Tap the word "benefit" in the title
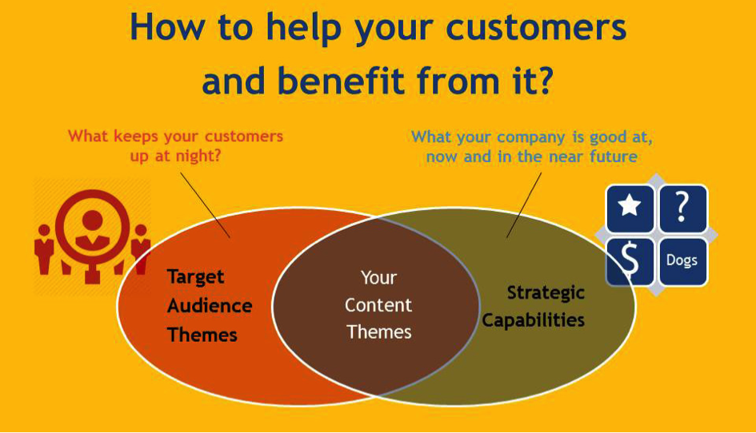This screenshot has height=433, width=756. click(x=340, y=81)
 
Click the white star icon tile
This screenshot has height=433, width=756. click(x=630, y=209)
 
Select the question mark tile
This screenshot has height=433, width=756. click(x=682, y=209)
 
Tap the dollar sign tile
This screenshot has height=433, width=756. click(x=630, y=261)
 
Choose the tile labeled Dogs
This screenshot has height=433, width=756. click(x=682, y=261)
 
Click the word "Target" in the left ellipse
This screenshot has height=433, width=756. click(x=195, y=277)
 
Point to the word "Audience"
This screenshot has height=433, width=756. click(x=210, y=306)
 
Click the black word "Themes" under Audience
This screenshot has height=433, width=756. click(x=202, y=335)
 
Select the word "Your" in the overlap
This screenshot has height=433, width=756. click(x=378, y=278)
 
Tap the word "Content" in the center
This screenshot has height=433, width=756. click(x=378, y=305)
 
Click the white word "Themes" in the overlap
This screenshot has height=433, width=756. click(x=379, y=332)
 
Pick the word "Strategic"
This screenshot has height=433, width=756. click(x=546, y=293)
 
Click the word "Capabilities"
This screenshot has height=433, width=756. click(x=534, y=320)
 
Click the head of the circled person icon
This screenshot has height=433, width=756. click(x=92, y=220)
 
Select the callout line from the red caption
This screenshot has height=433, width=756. click(x=206, y=205)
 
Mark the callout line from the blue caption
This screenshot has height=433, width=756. click(x=524, y=205)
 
